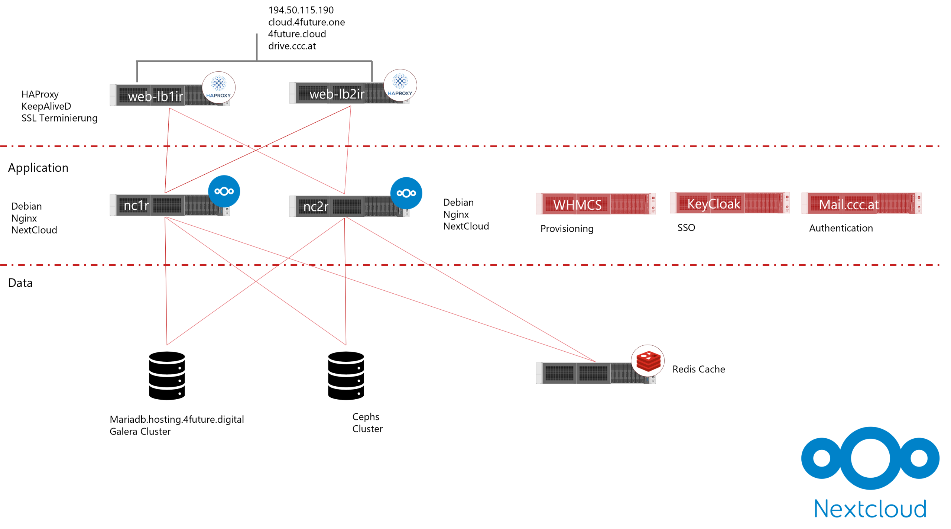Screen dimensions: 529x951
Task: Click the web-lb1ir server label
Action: click(x=155, y=97)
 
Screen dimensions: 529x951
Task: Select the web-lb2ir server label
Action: click(x=337, y=94)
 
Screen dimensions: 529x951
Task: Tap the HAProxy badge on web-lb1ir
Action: click(x=219, y=88)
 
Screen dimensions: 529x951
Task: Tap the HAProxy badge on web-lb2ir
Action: click(x=400, y=86)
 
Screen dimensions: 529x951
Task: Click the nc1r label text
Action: click(x=136, y=205)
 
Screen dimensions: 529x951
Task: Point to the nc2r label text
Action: click(x=316, y=206)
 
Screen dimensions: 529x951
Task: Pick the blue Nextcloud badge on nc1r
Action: click(x=224, y=191)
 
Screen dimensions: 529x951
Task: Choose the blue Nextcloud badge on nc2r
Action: click(x=406, y=193)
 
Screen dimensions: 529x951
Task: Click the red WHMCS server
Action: click(x=595, y=204)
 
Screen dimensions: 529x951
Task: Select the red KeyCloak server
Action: click(x=729, y=203)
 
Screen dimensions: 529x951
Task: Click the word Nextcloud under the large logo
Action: click(x=870, y=509)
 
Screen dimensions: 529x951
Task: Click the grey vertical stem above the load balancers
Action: click(x=257, y=46)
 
